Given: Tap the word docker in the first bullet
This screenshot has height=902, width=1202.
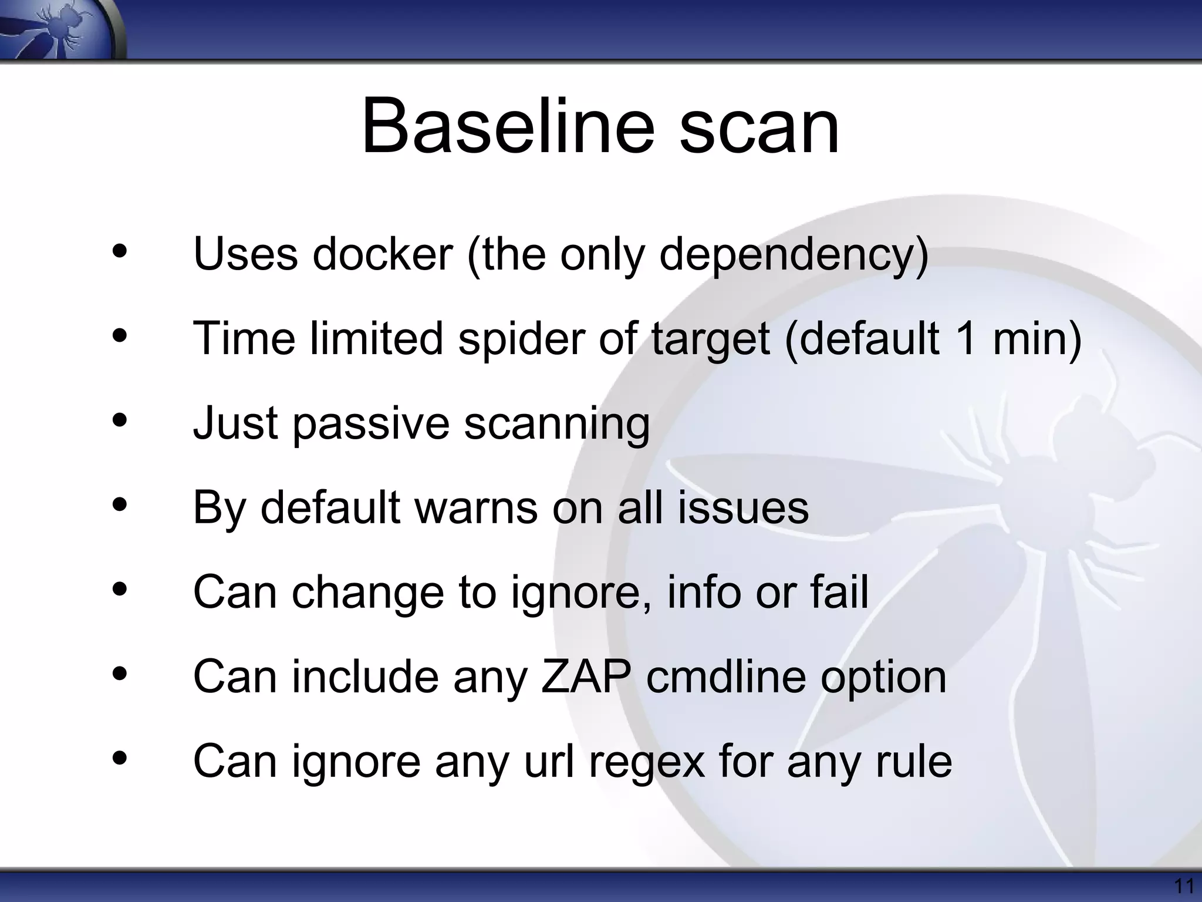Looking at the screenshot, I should coord(382,254).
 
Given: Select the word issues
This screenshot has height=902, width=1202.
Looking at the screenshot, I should coord(743,508).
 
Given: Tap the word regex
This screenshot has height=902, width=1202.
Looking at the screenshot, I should coord(646,762).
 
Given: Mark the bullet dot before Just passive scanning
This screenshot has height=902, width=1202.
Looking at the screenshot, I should coord(120,420).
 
